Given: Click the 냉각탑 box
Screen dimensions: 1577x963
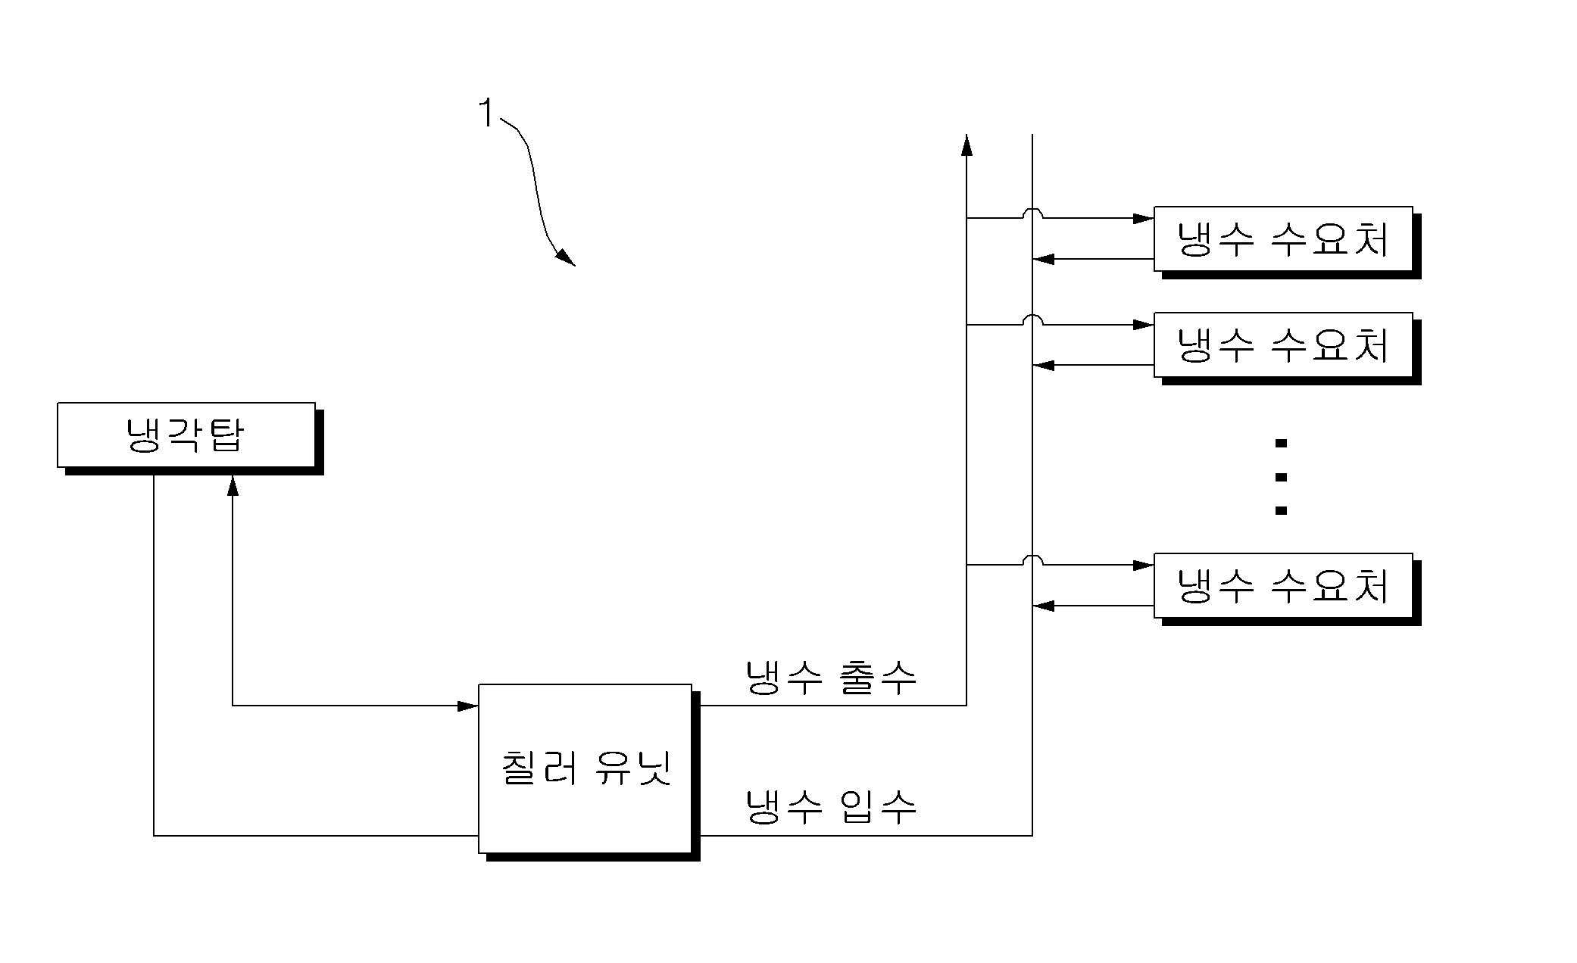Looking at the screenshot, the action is [186, 435].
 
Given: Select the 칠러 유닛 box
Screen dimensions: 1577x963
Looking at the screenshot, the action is [585, 768].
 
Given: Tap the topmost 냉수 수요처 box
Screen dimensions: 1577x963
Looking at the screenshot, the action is [1283, 238].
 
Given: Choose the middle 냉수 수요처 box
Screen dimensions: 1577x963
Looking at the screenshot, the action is [1283, 344].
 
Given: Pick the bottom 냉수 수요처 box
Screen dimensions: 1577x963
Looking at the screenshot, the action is [1283, 585].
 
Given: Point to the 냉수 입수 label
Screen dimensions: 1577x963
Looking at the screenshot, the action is [831, 806].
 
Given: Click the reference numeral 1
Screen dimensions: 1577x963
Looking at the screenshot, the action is [487, 114].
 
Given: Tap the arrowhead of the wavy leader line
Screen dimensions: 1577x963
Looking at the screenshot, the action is [565, 257].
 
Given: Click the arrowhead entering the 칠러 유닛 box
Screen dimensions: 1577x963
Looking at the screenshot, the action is [467, 706].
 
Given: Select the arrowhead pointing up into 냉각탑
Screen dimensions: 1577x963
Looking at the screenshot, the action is [233, 486].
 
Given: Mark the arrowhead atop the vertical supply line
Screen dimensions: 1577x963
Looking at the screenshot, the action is [966, 145].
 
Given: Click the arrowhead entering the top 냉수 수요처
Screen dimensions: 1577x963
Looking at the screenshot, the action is [1143, 218].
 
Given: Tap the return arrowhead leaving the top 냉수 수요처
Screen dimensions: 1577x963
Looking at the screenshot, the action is [1043, 259].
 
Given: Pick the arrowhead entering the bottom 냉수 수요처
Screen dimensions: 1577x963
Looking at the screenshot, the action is [1143, 565].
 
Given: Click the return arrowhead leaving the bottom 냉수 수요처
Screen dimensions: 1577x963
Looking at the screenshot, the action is [1043, 606].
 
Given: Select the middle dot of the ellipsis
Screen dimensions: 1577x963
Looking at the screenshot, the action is [1281, 477].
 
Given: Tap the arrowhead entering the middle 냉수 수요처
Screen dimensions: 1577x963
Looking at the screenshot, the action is [1143, 325].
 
